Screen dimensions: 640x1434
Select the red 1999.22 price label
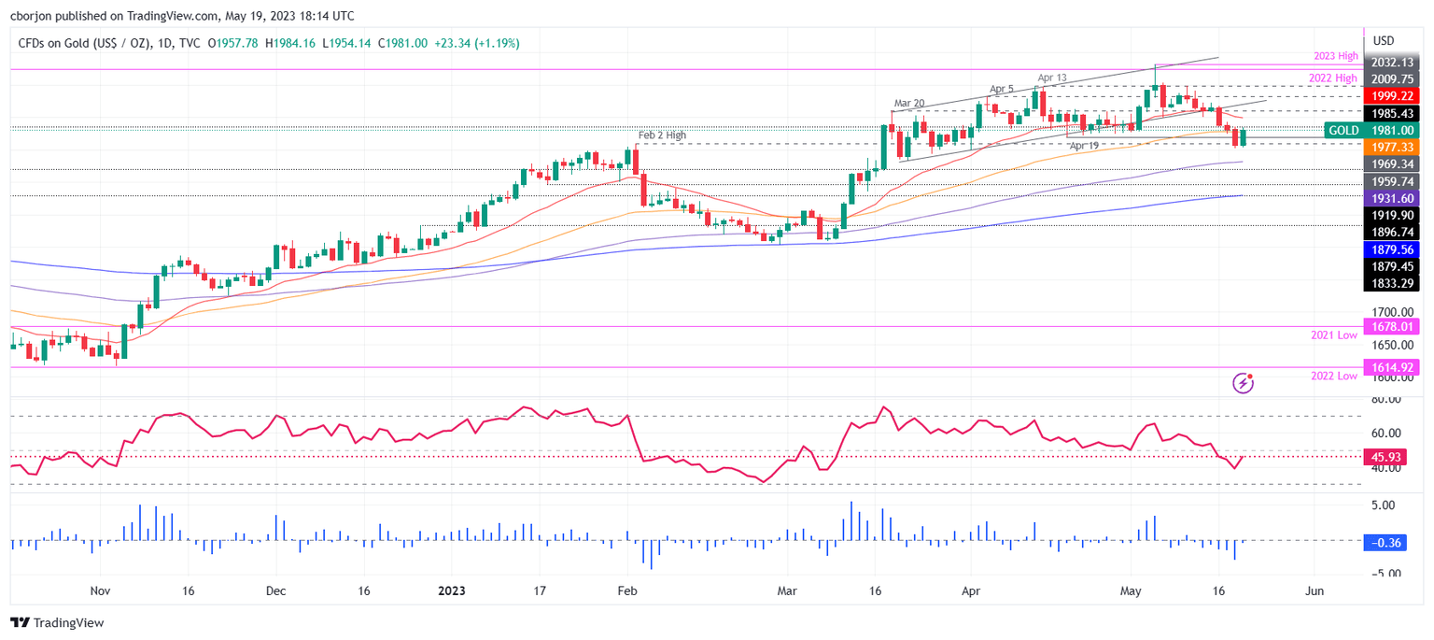point(1390,96)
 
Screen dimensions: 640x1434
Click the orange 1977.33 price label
point(1390,147)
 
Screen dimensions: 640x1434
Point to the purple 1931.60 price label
point(1390,199)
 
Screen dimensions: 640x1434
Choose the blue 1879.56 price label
point(1390,249)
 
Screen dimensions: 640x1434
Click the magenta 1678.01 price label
point(1390,326)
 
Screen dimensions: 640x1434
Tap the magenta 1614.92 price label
point(1390,367)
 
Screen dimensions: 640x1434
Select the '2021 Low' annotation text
point(1334,334)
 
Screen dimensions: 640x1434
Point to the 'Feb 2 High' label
point(662,135)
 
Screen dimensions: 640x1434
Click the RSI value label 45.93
point(1390,457)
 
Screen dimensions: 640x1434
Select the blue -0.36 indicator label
point(1390,542)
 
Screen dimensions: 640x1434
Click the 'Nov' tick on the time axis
point(101,591)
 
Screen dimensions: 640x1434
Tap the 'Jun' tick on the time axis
point(1314,591)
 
